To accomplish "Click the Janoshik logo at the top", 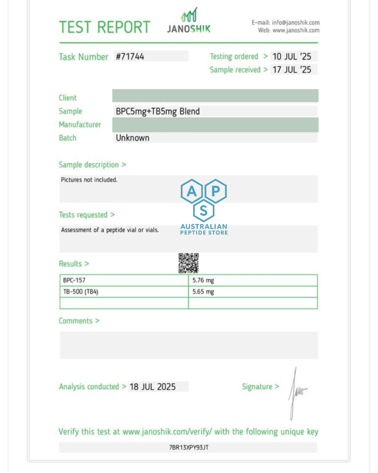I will click(x=189, y=21).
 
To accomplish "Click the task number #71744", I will click(x=130, y=56).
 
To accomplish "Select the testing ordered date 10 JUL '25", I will click(x=292, y=56).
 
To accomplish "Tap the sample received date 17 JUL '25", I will click(x=292, y=70).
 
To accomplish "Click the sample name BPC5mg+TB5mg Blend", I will click(x=158, y=111).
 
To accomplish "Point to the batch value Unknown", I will click(x=133, y=138).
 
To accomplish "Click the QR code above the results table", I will click(x=189, y=263).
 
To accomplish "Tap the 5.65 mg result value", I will click(x=203, y=292).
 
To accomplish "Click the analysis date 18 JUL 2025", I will click(x=153, y=387).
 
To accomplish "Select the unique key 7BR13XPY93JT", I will click(x=189, y=447).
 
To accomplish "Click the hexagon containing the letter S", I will click(x=204, y=211).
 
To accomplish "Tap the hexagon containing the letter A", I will click(x=192, y=191).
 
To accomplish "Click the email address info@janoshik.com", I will click(x=296, y=23).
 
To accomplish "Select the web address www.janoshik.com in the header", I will click(x=296, y=30).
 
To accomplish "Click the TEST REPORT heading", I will click(x=105, y=27).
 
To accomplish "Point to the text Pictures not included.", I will click(x=89, y=180).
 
